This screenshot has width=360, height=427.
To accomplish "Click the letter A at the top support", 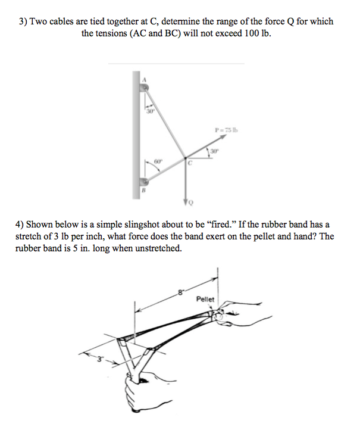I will [x=143, y=79].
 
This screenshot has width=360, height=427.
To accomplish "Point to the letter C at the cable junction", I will [x=190, y=163].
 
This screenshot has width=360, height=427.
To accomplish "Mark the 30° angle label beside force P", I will [x=214, y=150].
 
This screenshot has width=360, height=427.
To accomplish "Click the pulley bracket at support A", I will [x=145, y=88].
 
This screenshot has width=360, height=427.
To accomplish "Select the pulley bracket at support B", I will [x=145, y=182].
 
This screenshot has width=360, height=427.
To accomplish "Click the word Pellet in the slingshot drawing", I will [x=205, y=300].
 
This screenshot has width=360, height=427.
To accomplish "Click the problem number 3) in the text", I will [x=23, y=21].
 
